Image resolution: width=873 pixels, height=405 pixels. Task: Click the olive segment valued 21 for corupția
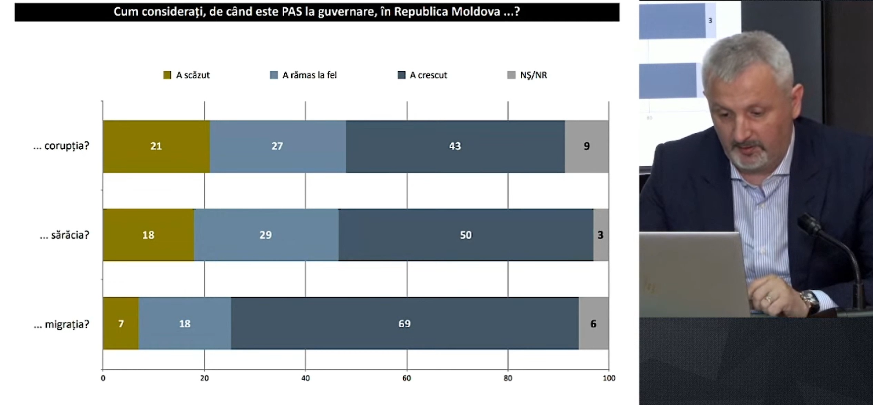156,146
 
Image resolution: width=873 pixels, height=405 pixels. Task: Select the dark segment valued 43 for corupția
455,146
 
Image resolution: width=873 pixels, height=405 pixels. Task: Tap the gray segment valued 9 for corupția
586,146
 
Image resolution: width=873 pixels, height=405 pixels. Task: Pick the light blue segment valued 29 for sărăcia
266,235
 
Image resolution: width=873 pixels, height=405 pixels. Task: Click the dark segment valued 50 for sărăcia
466,235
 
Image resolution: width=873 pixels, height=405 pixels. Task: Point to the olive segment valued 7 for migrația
121,324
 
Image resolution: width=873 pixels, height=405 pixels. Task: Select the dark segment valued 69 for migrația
404,324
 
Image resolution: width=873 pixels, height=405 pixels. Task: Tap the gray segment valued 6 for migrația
593,324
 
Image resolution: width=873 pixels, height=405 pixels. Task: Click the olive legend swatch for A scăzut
167,75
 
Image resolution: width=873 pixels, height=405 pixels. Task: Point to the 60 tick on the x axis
406,378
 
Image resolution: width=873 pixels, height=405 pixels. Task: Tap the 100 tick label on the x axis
608,378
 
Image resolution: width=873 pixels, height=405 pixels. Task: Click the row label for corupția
61,146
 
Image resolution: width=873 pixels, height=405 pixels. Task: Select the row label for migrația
62,324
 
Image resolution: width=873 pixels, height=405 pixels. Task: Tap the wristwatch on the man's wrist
809,300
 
